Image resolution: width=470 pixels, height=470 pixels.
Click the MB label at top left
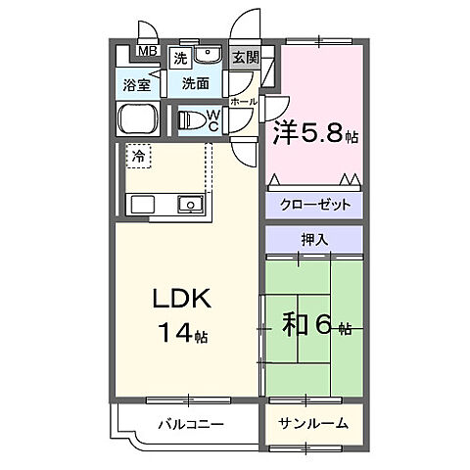point(145,52)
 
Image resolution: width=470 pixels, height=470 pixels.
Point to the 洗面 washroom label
point(195,85)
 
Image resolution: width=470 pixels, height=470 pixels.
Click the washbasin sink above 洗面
point(209,55)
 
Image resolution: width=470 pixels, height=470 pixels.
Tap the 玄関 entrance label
point(246,58)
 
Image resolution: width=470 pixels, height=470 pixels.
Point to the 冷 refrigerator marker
point(138,156)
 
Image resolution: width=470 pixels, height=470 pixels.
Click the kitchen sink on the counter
point(190,204)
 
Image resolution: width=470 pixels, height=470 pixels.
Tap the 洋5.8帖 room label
point(316,133)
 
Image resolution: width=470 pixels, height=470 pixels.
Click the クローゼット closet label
point(313,207)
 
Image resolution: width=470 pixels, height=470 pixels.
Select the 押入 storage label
point(313,238)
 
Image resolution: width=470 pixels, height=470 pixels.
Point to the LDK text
point(176,300)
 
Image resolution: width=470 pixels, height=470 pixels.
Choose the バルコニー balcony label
point(191,424)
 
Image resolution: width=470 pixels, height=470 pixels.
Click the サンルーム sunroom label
point(313,424)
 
